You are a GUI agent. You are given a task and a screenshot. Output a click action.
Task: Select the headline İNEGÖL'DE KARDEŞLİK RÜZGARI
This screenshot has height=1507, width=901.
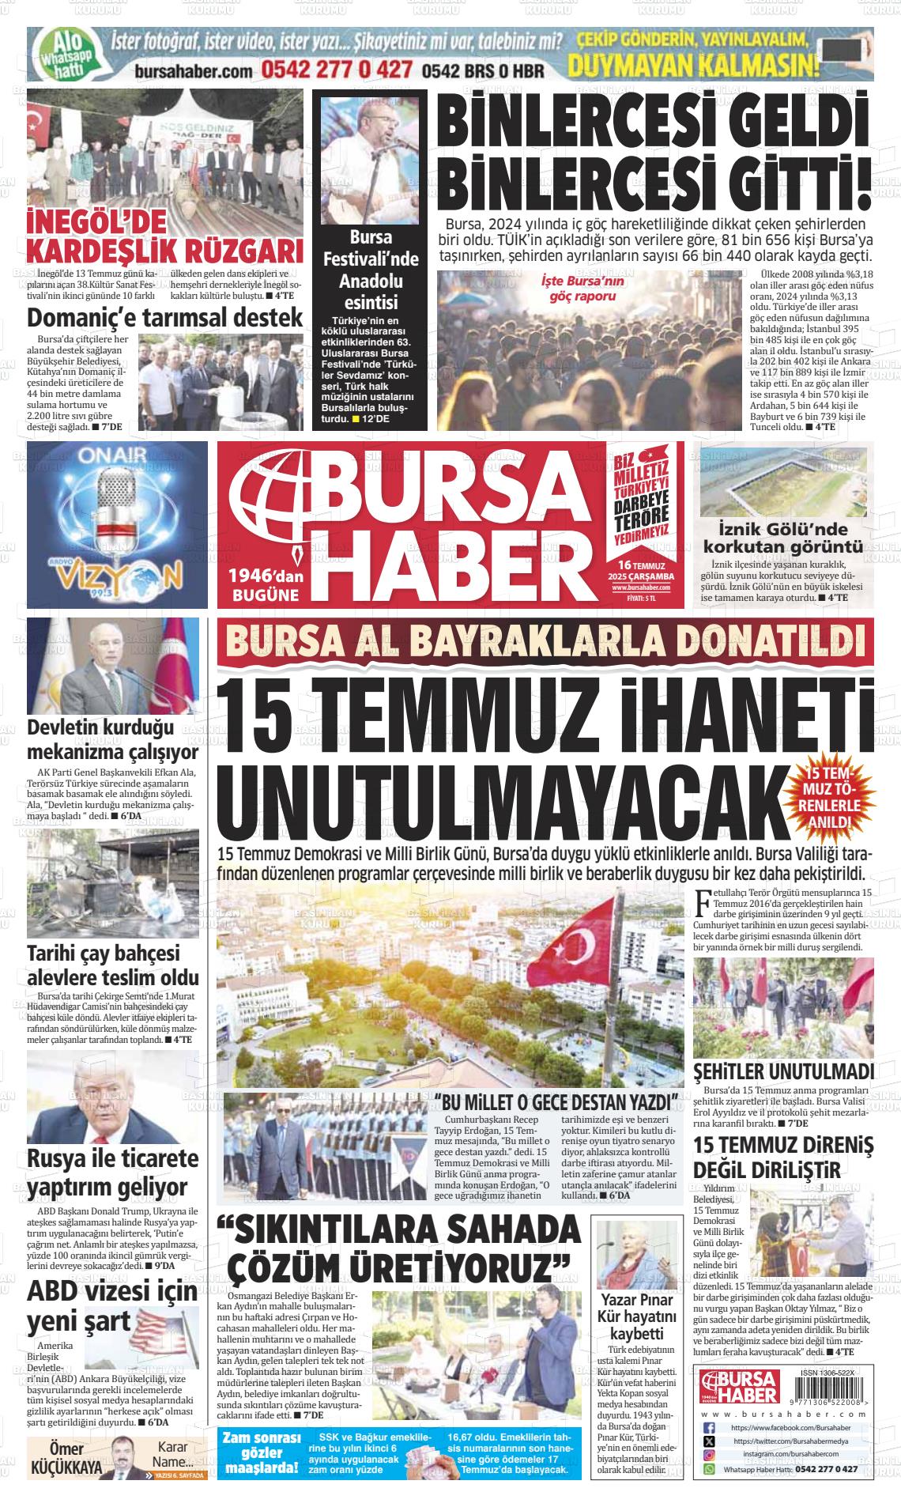pyautogui.click(x=164, y=236)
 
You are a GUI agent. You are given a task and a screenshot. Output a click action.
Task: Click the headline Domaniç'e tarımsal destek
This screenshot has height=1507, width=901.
pyautogui.click(x=164, y=318)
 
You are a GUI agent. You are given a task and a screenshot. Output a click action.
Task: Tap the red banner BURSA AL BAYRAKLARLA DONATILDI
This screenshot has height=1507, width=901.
pyautogui.click(x=546, y=641)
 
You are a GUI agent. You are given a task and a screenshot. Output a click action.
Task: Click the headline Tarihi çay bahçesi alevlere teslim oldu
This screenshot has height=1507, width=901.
pyautogui.click(x=112, y=965)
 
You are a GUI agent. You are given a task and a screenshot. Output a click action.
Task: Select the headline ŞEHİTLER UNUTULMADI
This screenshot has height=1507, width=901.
pyautogui.click(x=783, y=1071)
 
